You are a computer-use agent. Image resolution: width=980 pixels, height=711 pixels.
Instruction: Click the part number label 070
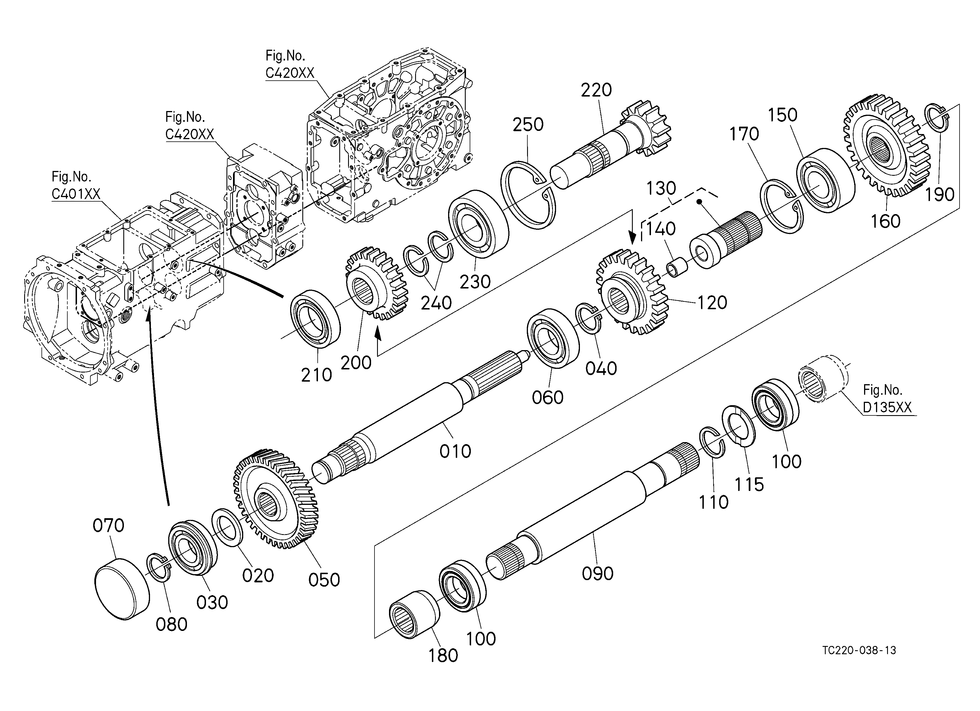(x=109, y=526)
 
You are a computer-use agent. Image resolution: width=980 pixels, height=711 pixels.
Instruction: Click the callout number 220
(x=596, y=90)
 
